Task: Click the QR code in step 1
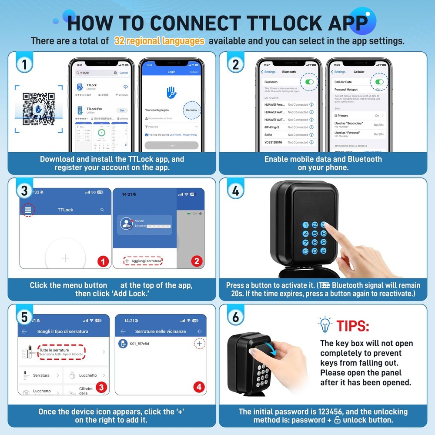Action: pyautogui.click(x=39, y=109)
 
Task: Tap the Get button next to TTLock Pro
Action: pyautogui.click(x=122, y=110)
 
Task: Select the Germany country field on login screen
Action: pyautogui.click(x=191, y=110)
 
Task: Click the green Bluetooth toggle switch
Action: pyautogui.click(x=310, y=82)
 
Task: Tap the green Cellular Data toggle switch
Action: pyautogui.click(x=379, y=82)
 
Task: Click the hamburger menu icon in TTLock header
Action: pyautogui.click(x=28, y=210)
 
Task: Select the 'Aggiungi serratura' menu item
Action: pyautogui.click(x=143, y=261)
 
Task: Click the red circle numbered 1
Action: pyautogui.click(x=103, y=261)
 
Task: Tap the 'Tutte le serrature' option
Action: pyautogui.click(x=61, y=351)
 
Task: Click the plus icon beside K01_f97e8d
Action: pyautogui.click(x=199, y=344)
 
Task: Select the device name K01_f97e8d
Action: pyautogui.click(x=139, y=344)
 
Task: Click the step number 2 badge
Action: pyautogui.click(x=235, y=65)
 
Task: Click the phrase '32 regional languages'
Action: pyautogui.click(x=159, y=41)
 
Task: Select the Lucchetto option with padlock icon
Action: pyautogui.click(x=87, y=375)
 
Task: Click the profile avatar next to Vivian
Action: pyautogui.click(x=127, y=224)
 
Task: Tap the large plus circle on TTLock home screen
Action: pyautogui.click(x=65, y=258)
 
